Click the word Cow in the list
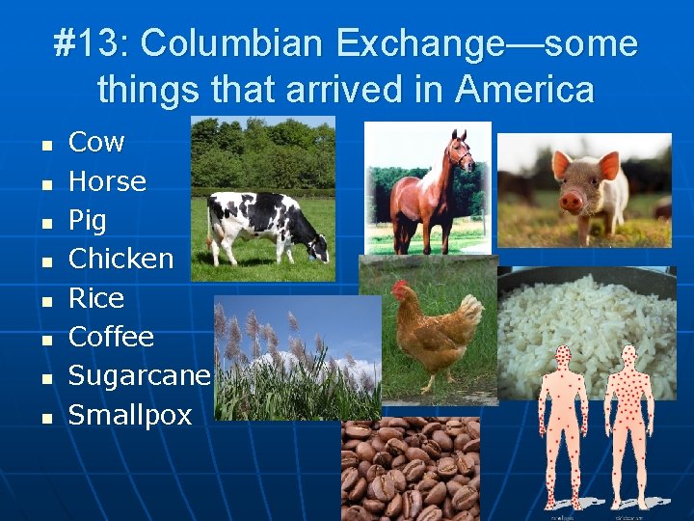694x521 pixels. pos(96,143)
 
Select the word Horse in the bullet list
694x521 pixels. pos(107,181)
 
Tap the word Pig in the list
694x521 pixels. pos(87,221)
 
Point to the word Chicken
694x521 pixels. pos(120,259)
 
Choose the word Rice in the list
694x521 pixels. pos(96,298)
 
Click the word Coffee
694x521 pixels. pos(111,337)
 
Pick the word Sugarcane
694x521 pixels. pos(139,376)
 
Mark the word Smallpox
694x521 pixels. pos(130,415)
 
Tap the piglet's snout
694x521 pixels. pos(572,202)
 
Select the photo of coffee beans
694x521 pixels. pos(411,469)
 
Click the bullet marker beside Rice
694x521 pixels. pos(45,301)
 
